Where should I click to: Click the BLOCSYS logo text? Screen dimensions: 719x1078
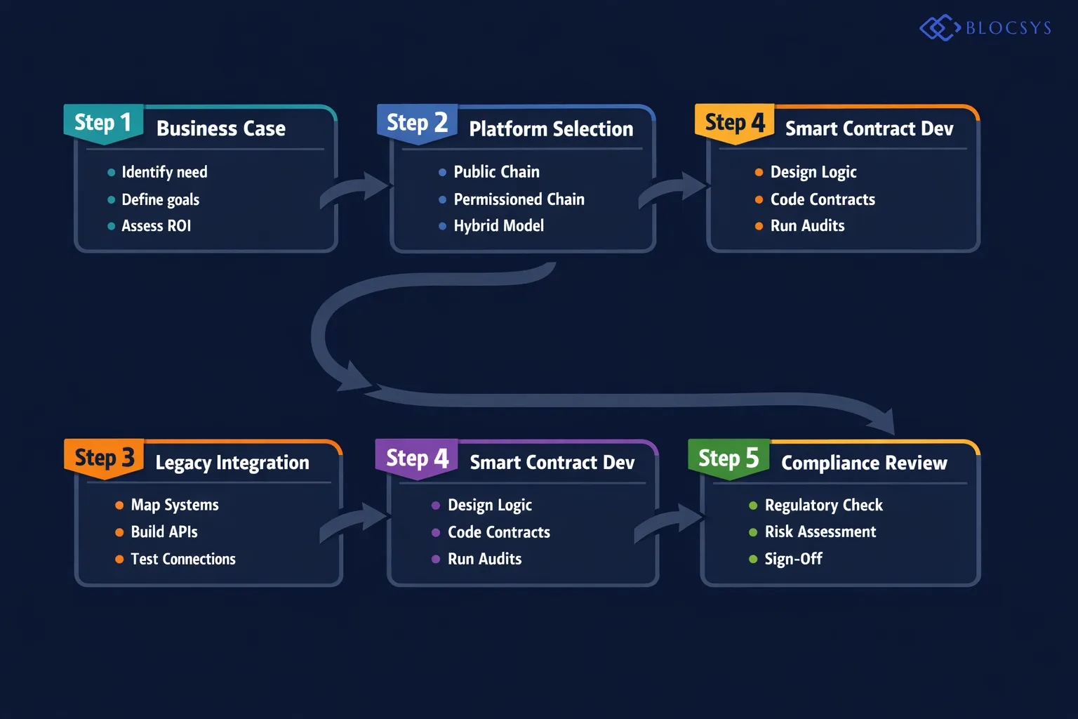[1008, 28]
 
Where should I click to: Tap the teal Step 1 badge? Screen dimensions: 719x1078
[103, 123]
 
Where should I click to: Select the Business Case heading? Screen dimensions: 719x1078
[221, 128]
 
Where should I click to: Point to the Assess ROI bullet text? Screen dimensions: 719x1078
[156, 226]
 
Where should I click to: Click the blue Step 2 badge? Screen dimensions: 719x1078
[417, 123]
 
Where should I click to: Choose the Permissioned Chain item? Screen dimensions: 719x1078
[519, 199]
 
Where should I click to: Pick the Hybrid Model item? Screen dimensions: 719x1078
[498, 226]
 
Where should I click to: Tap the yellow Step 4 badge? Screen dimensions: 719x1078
[735, 123]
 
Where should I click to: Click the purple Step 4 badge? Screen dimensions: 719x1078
[417, 459]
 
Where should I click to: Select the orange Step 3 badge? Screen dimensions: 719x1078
[104, 458]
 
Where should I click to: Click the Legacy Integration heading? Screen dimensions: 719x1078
[232, 463]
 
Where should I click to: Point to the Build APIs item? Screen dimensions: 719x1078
[164, 532]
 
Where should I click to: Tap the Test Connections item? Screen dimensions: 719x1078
[183, 559]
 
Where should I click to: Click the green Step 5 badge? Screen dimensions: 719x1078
[728, 459]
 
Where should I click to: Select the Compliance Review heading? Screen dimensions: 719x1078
[864, 463]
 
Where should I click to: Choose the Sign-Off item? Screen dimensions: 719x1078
[793, 559]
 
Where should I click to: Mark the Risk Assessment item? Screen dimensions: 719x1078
[820, 532]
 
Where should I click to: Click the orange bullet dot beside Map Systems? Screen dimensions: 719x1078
[119, 506]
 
